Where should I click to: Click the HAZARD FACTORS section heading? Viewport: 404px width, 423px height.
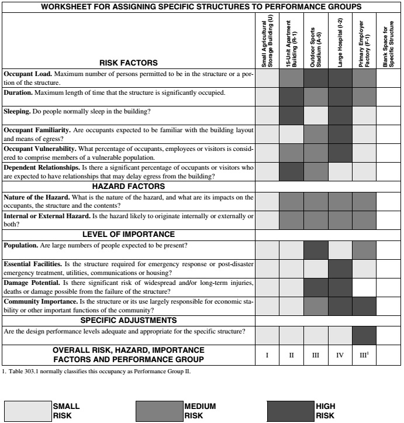tap(128, 186)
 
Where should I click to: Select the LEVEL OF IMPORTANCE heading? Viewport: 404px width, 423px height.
tap(128, 234)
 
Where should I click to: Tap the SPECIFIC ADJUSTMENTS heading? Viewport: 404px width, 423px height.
tap(128, 320)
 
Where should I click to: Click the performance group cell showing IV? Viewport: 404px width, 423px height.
tap(340, 355)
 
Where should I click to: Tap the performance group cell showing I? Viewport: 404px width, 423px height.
tap(267, 355)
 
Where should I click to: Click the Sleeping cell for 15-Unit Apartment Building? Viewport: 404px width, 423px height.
tap(292, 115)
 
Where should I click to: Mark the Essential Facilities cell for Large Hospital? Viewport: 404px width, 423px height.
tap(340, 269)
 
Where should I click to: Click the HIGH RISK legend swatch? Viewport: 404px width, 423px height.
tap(290, 410)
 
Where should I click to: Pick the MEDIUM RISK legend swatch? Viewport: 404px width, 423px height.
tap(159, 410)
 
